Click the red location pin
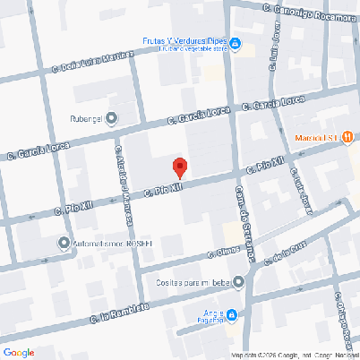coord(179,167)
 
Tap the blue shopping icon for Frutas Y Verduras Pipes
coord(235,43)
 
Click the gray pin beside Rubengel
coord(111,117)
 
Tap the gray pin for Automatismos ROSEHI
coord(64,242)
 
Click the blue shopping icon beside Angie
coord(231,314)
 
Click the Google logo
coord(19,352)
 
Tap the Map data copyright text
coord(294,355)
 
